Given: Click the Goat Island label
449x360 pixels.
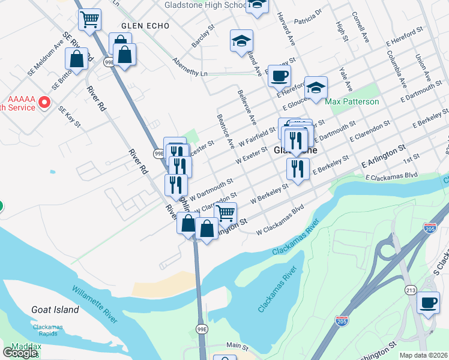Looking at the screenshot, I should coord(55,310).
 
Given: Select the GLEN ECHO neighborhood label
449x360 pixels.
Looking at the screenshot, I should coord(145,26).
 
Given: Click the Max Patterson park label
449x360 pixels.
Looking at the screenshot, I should coord(352,101).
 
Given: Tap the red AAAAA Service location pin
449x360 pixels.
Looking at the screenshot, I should coord(44,103).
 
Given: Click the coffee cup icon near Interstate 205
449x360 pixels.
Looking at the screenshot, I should coord(428,302).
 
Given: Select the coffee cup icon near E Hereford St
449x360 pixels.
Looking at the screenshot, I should coord(279,76).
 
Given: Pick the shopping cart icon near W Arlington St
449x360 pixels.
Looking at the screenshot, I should coord(225,212).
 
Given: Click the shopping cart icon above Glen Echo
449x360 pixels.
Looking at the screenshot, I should coord(89,20).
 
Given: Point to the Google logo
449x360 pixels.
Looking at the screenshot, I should coord(20,353).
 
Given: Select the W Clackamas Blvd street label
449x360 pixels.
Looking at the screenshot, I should coord(280,221).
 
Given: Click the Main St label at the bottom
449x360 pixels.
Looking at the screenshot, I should coord(237,346).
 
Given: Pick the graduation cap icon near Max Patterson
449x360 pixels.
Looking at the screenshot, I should coord(316,88).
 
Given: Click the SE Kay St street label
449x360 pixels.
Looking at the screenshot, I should coord(68,116).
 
